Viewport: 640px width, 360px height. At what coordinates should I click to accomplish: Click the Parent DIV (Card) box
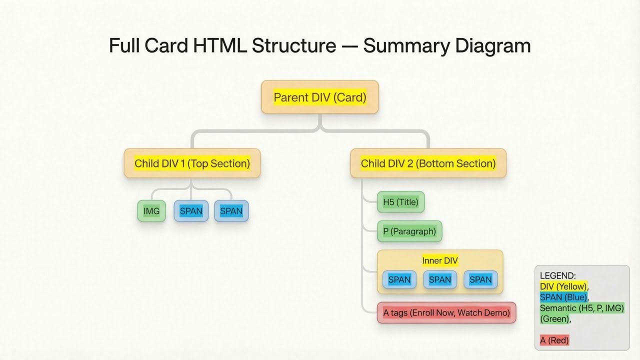(x=320, y=97)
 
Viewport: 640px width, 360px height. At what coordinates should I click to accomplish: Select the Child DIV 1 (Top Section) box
(x=192, y=163)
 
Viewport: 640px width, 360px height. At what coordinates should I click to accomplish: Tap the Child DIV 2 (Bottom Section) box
(x=428, y=163)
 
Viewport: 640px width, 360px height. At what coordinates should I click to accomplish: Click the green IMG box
(x=151, y=211)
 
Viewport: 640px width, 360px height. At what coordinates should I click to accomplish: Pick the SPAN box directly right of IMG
(x=191, y=211)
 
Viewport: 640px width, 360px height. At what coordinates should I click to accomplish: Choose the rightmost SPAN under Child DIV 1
(x=231, y=211)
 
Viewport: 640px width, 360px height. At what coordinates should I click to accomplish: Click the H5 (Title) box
(x=400, y=202)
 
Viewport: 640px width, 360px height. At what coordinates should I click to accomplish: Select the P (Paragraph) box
(x=409, y=231)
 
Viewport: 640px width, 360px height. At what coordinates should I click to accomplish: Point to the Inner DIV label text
(x=440, y=260)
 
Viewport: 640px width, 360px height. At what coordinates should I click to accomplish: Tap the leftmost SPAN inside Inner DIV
(x=399, y=279)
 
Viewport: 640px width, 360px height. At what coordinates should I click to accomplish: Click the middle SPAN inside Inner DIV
(x=440, y=279)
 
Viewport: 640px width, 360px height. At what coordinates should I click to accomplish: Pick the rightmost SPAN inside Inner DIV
(x=480, y=279)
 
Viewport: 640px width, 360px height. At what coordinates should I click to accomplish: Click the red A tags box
(x=446, y=312)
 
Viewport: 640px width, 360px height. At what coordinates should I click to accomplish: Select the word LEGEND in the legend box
(x=557, y=275)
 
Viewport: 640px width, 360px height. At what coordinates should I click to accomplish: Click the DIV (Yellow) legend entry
(x=563, y=286)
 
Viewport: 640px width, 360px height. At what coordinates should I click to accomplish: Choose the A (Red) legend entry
(x=554, y=340)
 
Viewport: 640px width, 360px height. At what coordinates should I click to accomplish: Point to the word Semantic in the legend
(x=557, y=308)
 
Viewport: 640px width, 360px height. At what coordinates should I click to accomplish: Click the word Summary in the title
(x=406, y=45)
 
